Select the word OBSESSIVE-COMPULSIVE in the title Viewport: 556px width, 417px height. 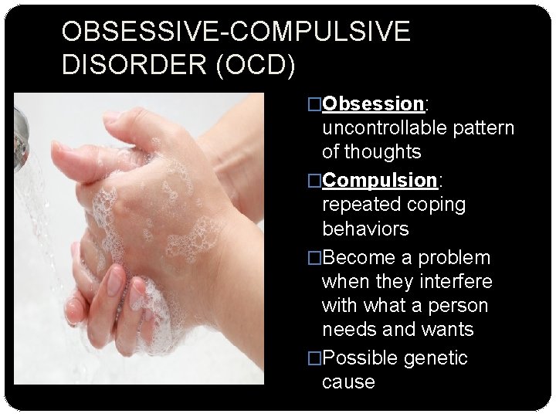pos(236,32)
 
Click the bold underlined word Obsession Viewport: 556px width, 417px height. pos(373,103)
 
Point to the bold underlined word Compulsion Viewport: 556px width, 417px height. pos(380,181)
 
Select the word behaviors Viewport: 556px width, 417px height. pos(365,229)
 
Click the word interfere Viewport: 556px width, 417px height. pos(455,281)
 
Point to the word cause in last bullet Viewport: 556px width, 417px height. pos(348,382)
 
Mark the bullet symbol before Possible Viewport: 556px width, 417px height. pos(314,358)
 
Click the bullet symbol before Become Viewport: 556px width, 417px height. pos(314,257)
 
